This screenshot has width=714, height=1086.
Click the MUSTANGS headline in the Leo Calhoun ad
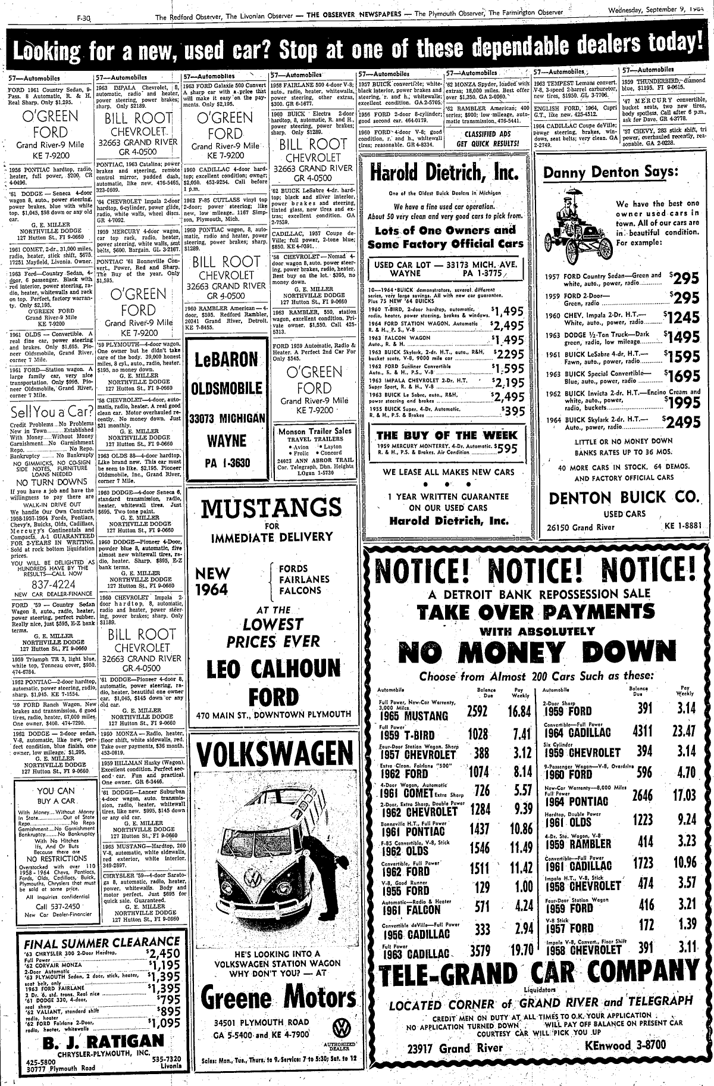tap(270, 510)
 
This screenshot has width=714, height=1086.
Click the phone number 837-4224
tap(55, 585)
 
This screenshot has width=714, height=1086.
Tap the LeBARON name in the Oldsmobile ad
tap(224, 360)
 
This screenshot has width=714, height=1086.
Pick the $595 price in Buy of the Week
tap(507, 449)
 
